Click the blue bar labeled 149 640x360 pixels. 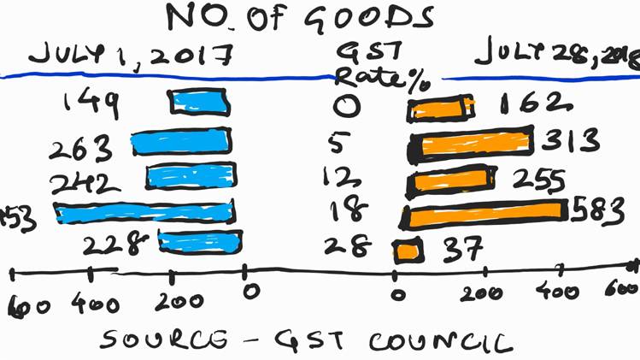[200, 103]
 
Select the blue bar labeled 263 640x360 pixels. [182, 141]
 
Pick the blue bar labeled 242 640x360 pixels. [189, 176]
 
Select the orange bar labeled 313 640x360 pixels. [471, 140]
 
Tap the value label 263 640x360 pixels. [82, 147]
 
